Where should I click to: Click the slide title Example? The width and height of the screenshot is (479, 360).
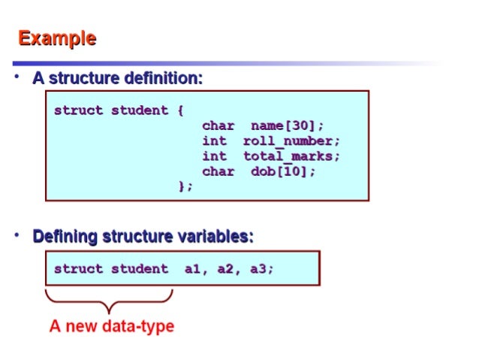point(57,38)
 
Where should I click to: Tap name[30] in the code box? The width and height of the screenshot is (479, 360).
point(288,126)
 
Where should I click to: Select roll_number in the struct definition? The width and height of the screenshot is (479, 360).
point(291,141)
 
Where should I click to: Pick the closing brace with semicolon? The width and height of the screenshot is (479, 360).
point(185,186)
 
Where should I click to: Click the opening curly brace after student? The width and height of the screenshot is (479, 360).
point(181,110)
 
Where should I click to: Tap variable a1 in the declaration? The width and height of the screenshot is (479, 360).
point(194,268)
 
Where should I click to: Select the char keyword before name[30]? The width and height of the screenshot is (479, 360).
point(218,126)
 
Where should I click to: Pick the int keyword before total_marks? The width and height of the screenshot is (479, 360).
point(214,156)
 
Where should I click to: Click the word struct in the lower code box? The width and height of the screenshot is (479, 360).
point(78,268)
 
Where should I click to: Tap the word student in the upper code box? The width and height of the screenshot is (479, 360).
point(140,110)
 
